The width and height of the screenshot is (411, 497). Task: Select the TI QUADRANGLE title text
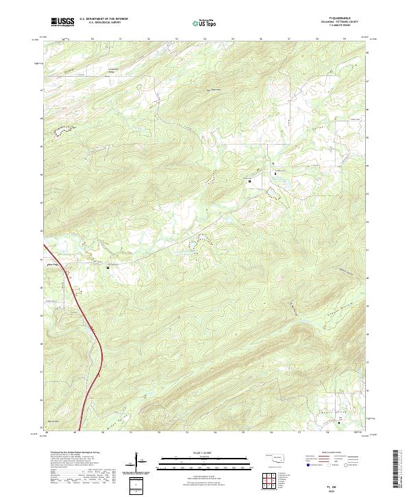tap(340, 19)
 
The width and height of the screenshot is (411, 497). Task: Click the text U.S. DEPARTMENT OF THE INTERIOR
tap(103, 19)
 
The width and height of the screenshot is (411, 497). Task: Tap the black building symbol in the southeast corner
tap(338, 423)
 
